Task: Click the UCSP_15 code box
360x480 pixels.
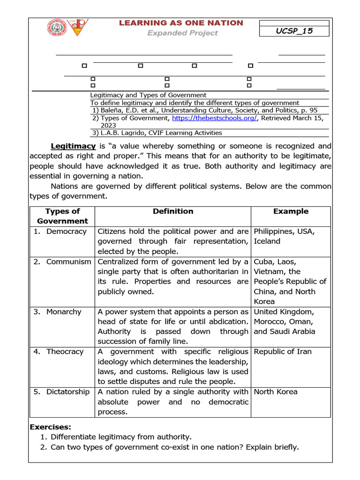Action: (x=294, y=31)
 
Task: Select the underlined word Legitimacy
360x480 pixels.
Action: (x=73, y=146)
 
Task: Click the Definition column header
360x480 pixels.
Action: (x=173, y=211)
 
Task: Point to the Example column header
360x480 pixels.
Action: (x=291, y=211)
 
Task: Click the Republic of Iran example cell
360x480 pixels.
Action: (x=282, y=352)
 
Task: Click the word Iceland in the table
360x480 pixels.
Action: (x=267, y=241)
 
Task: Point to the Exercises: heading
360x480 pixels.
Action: (x=51, y=427)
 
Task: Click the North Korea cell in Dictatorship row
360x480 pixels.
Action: (x=275, y=392)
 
